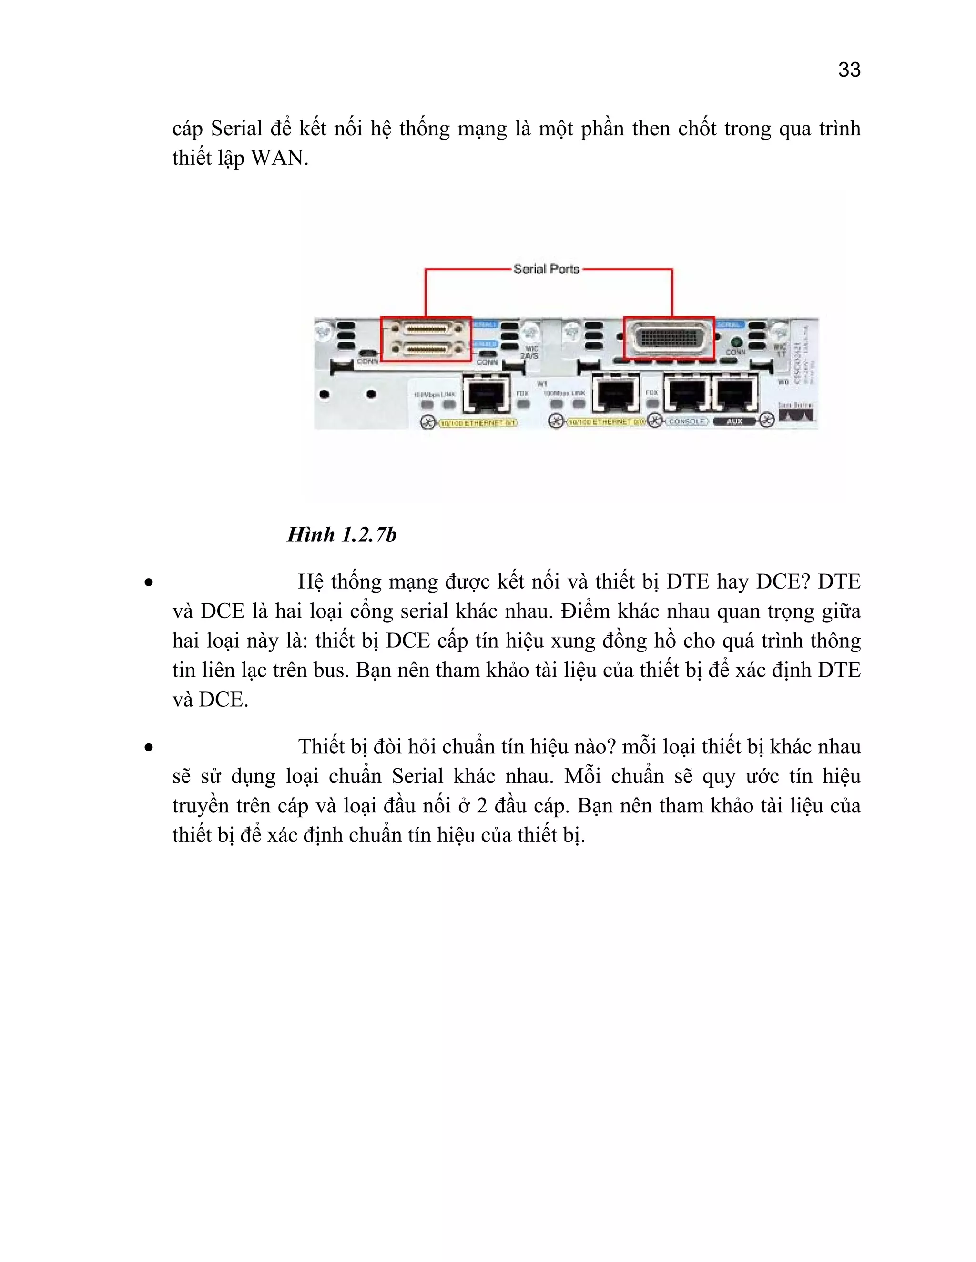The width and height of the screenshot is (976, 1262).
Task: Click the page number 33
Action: (x=849, y=70)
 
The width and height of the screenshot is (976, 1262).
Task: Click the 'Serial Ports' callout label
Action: (x=546, y=269)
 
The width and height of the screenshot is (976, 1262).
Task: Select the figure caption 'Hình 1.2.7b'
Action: (x=342, y=534)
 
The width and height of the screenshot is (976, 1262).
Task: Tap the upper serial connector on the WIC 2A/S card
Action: (x=426, y=330)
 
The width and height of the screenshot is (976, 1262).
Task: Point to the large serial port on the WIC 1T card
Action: (x=669, y=338)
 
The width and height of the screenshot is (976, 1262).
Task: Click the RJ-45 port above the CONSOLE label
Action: (x=686, y=395)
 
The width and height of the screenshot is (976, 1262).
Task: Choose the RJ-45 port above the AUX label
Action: (x=734, y=395)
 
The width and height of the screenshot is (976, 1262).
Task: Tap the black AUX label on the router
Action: (x=734, y=421)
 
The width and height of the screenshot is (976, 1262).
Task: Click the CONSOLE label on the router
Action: (x=686, y=421)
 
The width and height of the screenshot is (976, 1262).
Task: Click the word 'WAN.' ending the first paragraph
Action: (x=280, y=158)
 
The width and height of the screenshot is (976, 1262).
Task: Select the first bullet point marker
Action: (x=149, y=582)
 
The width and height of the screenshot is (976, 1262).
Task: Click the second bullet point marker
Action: (x=149, y=747)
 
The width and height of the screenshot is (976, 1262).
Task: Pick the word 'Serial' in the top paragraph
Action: (x=236, y=128)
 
